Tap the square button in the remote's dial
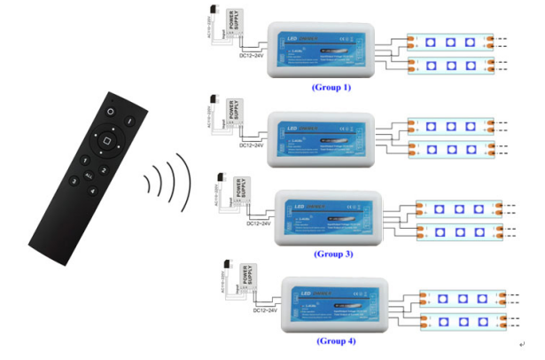coord(105,138)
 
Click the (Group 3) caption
coord(333,254)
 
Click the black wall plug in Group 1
coord(213,11)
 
